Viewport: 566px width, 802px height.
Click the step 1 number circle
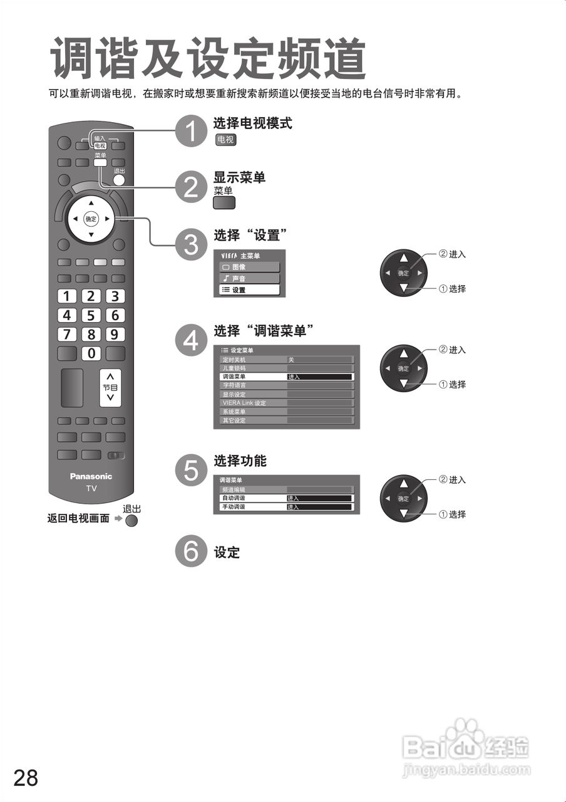click(191, 131)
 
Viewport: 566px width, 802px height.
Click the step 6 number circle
click(191, 551)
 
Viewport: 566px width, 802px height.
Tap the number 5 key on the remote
click(91, 315)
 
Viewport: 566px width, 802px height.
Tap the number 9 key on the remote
click(115, 334)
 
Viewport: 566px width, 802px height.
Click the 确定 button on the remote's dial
click(91, 219)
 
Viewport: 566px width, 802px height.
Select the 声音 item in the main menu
click(249, 278)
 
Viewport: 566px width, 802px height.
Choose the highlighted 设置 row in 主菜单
click(249, 290)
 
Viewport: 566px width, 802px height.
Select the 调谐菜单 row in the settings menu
click(286, 377)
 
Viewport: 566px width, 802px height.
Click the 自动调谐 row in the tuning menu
click(286, 498)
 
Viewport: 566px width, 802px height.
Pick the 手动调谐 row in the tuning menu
click(286, 507)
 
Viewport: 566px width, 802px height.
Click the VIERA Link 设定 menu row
click(286, 403)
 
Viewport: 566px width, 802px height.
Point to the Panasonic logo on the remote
click(91, 476)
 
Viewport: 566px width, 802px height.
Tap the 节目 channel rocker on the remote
click(110, 387)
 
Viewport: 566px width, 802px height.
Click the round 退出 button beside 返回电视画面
click(131, 521)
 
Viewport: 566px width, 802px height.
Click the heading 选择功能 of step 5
click(240, 461)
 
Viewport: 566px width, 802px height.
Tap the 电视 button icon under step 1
click(225, 140)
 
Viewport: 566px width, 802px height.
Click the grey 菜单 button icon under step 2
click(224, 203)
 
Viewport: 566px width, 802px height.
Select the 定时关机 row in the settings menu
click(286, 360)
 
